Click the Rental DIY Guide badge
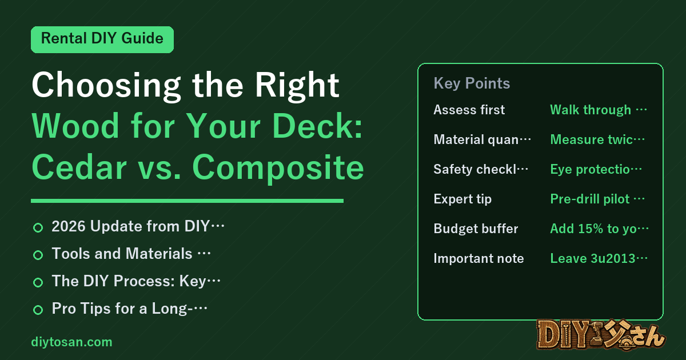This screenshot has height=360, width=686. point(102,39)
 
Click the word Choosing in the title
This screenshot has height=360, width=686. point(106,86)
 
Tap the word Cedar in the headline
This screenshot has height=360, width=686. point(79,167)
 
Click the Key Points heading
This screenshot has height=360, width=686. point(472,83)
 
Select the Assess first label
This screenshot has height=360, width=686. point(469,110)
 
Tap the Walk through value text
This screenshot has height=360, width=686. point(599,110)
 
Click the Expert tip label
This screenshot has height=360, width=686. point(462,199)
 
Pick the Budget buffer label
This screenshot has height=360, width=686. point(476,229)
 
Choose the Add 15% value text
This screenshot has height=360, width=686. point(599,229)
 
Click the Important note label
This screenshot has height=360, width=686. point(478,258)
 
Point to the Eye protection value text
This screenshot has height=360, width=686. point(596,169)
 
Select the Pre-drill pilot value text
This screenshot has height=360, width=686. point(597,199)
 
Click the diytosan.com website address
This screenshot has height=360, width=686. point(71,342)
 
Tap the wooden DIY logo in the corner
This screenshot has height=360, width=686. point(601,335)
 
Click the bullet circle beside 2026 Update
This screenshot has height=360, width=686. point(38,228)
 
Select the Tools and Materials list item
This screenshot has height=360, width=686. point(131,254)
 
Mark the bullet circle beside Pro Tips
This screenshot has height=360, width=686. point(38,310)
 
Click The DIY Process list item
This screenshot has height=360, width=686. point(136,281)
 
